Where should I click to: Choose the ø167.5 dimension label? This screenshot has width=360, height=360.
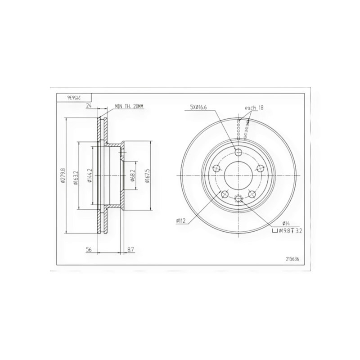pyautogui.click(x=147, y=176)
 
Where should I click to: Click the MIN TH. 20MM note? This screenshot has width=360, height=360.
pyautogui.click(x=129, y=106)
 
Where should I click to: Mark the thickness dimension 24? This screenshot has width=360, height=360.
pyautogui.click(x=89, y=106)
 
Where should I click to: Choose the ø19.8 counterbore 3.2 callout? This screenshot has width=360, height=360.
pyautogui.click(x=286, y=231)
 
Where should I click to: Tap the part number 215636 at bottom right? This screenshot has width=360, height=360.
pyautogui.click(x=294, y=258)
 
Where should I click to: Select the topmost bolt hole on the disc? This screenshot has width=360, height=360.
pyautogui.click(x=238, y=152)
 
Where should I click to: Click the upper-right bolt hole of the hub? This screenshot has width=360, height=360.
pyautogui.click(x=260, y=168)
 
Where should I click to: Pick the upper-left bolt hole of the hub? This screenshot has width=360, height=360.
pyautogui.click(x=216, y=168)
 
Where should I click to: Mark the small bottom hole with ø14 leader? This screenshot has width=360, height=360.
pyautogui.click(x=238, y=198)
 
